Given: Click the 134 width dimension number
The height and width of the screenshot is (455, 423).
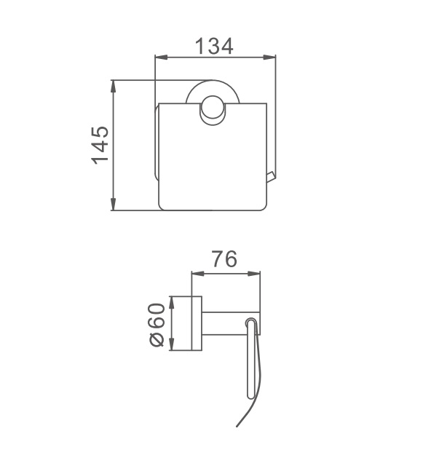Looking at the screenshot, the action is tap(214, 46).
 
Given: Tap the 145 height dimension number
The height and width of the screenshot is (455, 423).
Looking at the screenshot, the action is tap(100, 145).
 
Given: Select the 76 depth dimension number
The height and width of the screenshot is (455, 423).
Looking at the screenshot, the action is tap(224, 259).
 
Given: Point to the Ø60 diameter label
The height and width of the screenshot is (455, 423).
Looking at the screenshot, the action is tap(157, 325).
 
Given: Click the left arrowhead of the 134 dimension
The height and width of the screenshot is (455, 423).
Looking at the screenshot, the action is tap(162, 58).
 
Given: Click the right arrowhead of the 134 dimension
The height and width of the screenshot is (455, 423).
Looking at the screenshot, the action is tap(269, 58).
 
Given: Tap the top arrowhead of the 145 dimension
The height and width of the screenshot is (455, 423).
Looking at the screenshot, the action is tap(114, 86).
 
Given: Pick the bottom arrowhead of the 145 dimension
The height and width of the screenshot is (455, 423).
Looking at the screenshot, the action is tap(114, 204).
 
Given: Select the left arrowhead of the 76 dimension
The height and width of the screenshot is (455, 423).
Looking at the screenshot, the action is tap(198, 274).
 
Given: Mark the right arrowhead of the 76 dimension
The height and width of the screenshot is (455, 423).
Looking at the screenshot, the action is tap(254, 274).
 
